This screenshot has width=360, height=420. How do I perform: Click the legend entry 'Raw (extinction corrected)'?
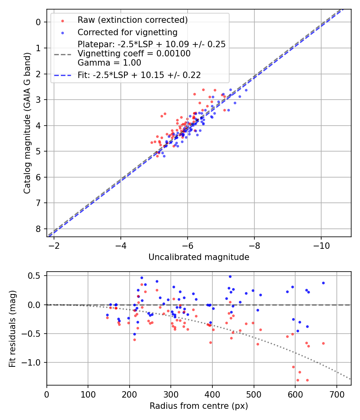132,20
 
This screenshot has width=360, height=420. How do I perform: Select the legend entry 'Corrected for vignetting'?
127,32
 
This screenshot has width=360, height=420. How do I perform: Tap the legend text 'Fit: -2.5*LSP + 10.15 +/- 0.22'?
139,75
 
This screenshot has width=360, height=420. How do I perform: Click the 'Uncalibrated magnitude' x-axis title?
199,257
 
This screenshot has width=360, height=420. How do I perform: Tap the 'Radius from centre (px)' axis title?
199,406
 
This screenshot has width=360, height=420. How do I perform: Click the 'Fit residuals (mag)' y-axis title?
12,328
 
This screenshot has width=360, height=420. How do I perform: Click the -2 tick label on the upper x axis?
54,245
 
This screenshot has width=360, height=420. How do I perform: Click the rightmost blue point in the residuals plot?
323,283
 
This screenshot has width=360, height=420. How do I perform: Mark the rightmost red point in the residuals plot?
323,343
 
